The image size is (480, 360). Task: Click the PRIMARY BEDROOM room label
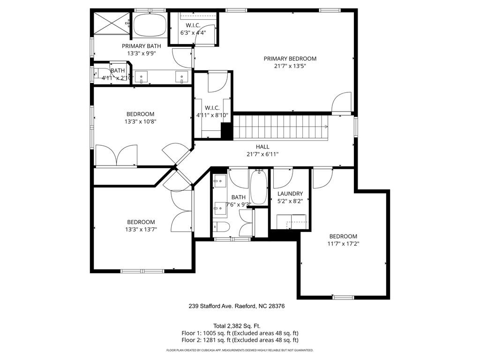pyautogui.click(x=290, y=59)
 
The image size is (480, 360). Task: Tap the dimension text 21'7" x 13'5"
pyautogui.click(x=290, y=66)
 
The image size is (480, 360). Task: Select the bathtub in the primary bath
pyautogui.click(x=150, y=26)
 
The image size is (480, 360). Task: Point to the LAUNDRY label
pyautogui.click(x=290, y=194)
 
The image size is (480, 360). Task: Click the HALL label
pyautogui.click(x=262, y=147)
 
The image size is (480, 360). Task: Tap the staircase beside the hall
pyautogui.click(x=281, y=127)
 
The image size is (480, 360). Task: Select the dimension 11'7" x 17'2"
pyautogui.click(x=343, y=244)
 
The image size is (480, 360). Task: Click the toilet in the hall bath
pyautogui.click(x=221, y=227)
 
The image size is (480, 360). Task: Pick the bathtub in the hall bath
pyautogui.click(x=259, y=187)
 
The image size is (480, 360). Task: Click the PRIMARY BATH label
pyautogui.click(x=142, y=46)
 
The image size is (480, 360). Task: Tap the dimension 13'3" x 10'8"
pyautogui.click(x=141, y=121)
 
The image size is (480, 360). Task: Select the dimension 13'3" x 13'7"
pyautogui.click(x=141, y=229)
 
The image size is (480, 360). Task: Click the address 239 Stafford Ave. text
pyautogui.click(x=211, y=306)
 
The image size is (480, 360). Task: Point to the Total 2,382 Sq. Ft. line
pyautogui.click(x=237, y=326)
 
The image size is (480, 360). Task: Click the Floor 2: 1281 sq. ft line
pyautogui.click(x=240, y=340)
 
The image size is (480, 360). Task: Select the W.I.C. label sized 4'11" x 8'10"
pyautogui.click(x=212, y=112)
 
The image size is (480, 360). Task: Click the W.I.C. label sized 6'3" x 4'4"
pyautogui.click(x=193, y=29)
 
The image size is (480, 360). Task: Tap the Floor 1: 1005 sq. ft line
pyautogui.click(x=240, y=333)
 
